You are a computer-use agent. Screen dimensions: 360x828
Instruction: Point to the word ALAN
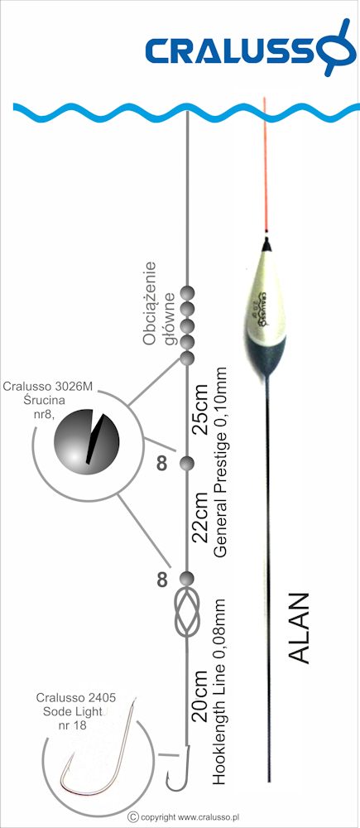point(300,628)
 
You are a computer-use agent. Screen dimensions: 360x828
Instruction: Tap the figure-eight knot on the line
point(187,612)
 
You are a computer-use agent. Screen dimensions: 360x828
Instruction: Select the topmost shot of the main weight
point(187,292)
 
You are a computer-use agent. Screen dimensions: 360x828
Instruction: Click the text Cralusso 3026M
point(47,386)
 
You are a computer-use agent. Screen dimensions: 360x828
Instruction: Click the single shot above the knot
point(187,578)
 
